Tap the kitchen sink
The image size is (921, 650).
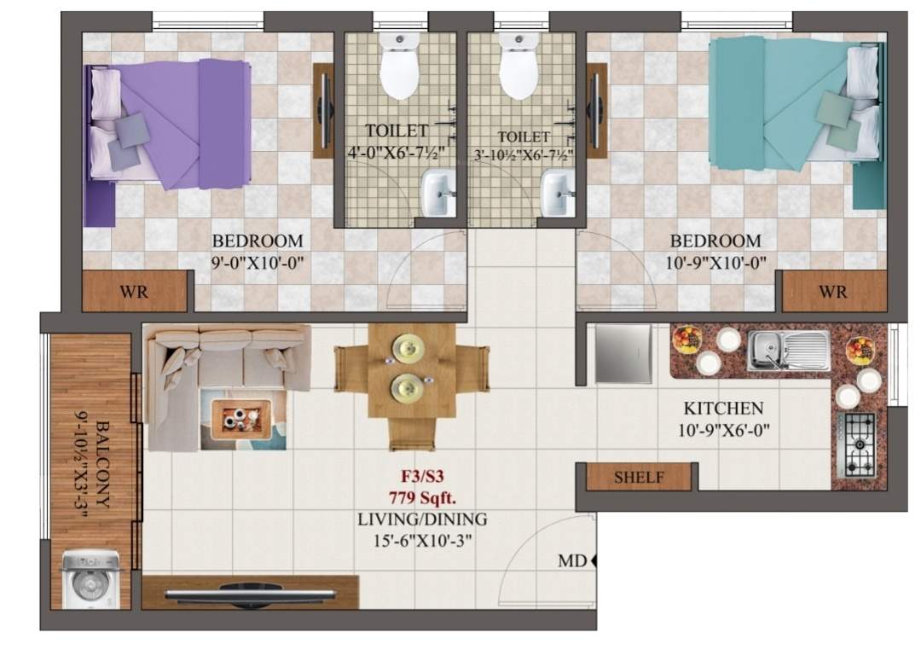click(788, 351)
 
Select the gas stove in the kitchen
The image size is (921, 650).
click(859, 445)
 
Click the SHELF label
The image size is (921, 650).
click(639, 479)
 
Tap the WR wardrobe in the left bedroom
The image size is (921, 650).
click(134, 292)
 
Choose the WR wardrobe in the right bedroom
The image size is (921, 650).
click(832, 292)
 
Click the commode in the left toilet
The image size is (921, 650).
click(400, 68)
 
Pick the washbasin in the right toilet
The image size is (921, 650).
click(559, 192)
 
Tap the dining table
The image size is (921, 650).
click(412, 382)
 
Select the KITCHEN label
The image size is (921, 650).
click(723, 409)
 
